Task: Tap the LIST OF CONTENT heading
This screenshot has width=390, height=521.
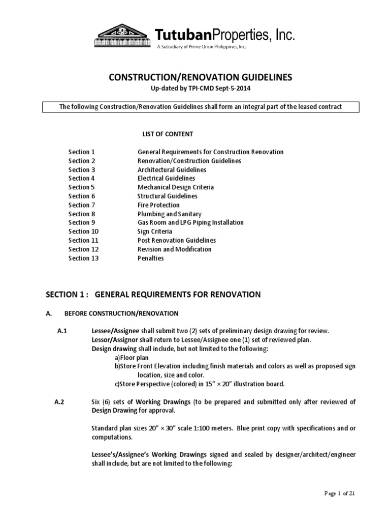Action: (167, 134)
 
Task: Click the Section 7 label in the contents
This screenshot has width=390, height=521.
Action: (82, 205)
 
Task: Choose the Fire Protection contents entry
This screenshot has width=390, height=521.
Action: (158, 205)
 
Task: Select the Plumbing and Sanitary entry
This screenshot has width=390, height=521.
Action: (169, 214)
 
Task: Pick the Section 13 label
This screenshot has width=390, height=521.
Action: (83, 258)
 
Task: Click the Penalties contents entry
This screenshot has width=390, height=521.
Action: (151, 258)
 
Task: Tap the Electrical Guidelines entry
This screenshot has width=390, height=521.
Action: (166, 179)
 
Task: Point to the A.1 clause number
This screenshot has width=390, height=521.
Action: (62, 331)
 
